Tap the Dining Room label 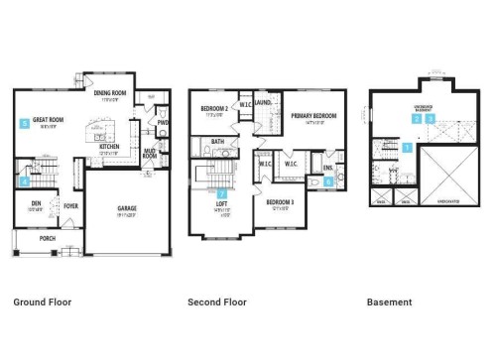[110, 93]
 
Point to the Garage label [127, 208]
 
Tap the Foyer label [70, 206]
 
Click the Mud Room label [150, 154]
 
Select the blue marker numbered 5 [24, 123]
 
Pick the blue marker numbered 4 [24, 180]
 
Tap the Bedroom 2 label [215, 108]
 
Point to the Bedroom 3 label [279, 203]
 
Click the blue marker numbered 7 [222, 194]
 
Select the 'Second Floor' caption [217, 301]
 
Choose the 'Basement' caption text [389, 301]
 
